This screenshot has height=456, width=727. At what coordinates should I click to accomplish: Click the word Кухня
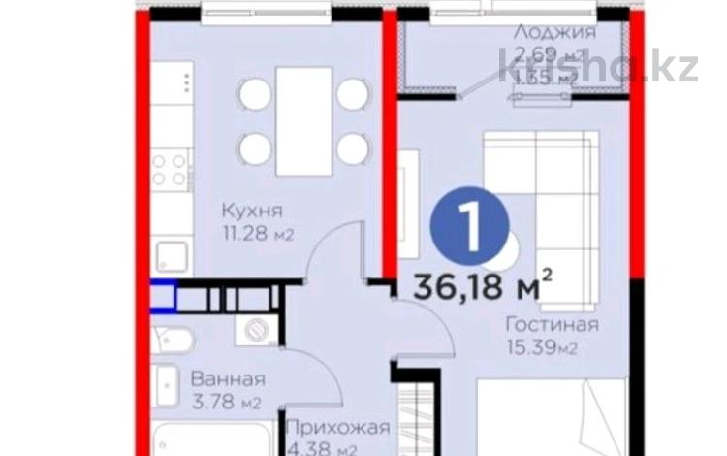pyautogui.click(x=251, y=211)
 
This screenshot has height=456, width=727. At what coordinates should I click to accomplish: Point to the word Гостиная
pyautogui.click(x=552, y=323)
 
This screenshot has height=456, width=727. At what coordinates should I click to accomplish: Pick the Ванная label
pyautogui.click(x=228, y=379)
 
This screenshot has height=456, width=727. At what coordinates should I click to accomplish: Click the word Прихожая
pyautogui.click(x=339, y=428)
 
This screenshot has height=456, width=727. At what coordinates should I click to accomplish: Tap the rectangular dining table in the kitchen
pyautogui.click(x=304, y=121)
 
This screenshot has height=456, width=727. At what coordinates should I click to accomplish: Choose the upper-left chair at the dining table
pyautogui.click(x=255, y=94)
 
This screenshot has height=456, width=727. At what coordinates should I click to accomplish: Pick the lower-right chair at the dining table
pyautogui.click(x=354, y=148)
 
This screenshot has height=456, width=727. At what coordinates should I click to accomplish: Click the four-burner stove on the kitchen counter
pyautogui.click(x=173, y=171)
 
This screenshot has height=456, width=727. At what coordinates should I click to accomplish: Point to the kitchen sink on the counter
pyautogui.click(x=174, y=256)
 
